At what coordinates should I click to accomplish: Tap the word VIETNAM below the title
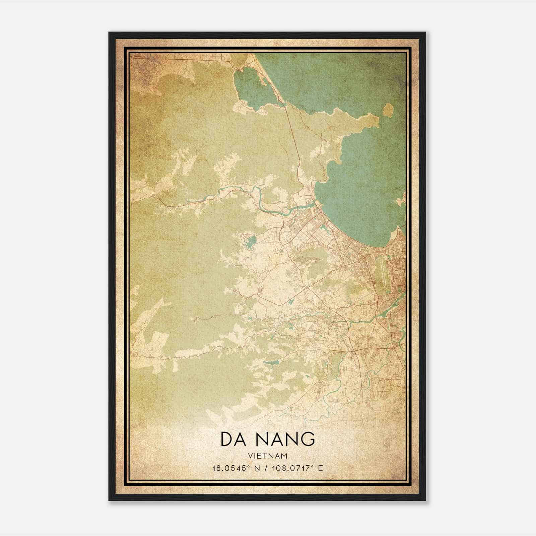click(x=268, y=456)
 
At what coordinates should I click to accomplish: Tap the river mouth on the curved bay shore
click(x=315, y=203)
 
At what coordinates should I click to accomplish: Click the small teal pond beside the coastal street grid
click(x=324, y=229)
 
